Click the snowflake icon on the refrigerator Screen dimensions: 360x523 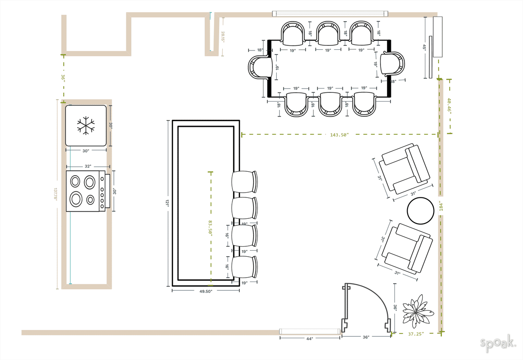coord(86,126)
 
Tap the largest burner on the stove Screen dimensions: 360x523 coord(76,199)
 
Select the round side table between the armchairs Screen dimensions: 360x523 coord(421,211)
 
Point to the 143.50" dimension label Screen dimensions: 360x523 coord(339,135)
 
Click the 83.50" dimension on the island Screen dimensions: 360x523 coord(211,228)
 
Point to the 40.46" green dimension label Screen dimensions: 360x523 coord(449,106)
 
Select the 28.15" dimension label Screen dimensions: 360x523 coord(223,37)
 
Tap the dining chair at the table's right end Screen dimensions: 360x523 coord(392,64)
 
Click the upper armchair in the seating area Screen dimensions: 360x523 coord(405,169)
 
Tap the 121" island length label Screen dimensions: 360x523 coord(167,204)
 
